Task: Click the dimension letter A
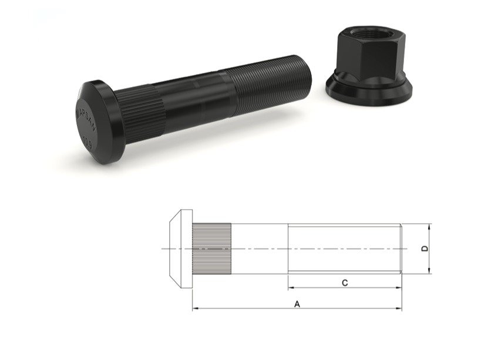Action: click(x=297, y=304)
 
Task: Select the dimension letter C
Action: click(x=345, y=283)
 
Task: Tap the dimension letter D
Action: click(x=425, y=248)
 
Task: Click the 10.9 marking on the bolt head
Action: click(x=88, y=141)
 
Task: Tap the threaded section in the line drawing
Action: click(x=344, y=248)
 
